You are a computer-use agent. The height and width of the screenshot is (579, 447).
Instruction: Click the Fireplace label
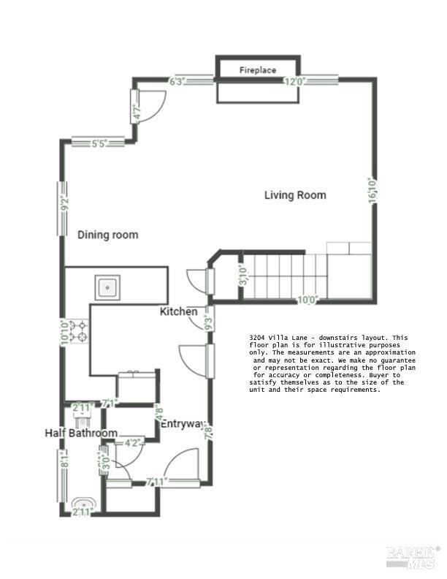[x=258, y=70]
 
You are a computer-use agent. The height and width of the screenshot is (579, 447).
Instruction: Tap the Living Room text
[x=295, y=195]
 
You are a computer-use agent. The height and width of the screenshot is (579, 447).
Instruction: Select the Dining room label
[x=108, y=235]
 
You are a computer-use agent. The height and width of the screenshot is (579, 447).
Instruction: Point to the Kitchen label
[x=179, y=312]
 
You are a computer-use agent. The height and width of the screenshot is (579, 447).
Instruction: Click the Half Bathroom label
[x=81, y=434]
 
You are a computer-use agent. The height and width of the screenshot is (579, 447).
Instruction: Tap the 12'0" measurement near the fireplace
[x=294, y=82]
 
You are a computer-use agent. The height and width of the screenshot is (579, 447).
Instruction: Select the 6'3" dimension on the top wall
[x=177, y=82]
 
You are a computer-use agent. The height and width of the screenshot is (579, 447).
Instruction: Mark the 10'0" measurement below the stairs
[x=307, y=299]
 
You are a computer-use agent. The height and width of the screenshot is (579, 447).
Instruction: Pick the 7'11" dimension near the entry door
[x=157, y=482]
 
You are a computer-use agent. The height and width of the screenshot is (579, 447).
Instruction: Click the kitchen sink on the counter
[x=109, y=287]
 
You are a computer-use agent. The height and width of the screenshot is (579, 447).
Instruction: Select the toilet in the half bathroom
[x=81, y=419]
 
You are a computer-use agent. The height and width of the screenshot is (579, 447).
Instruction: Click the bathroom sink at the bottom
[x=83, y=504]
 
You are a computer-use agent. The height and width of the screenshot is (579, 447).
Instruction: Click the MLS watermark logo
[x=413, y=556]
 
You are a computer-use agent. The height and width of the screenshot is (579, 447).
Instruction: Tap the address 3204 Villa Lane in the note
[x=278, y=337]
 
